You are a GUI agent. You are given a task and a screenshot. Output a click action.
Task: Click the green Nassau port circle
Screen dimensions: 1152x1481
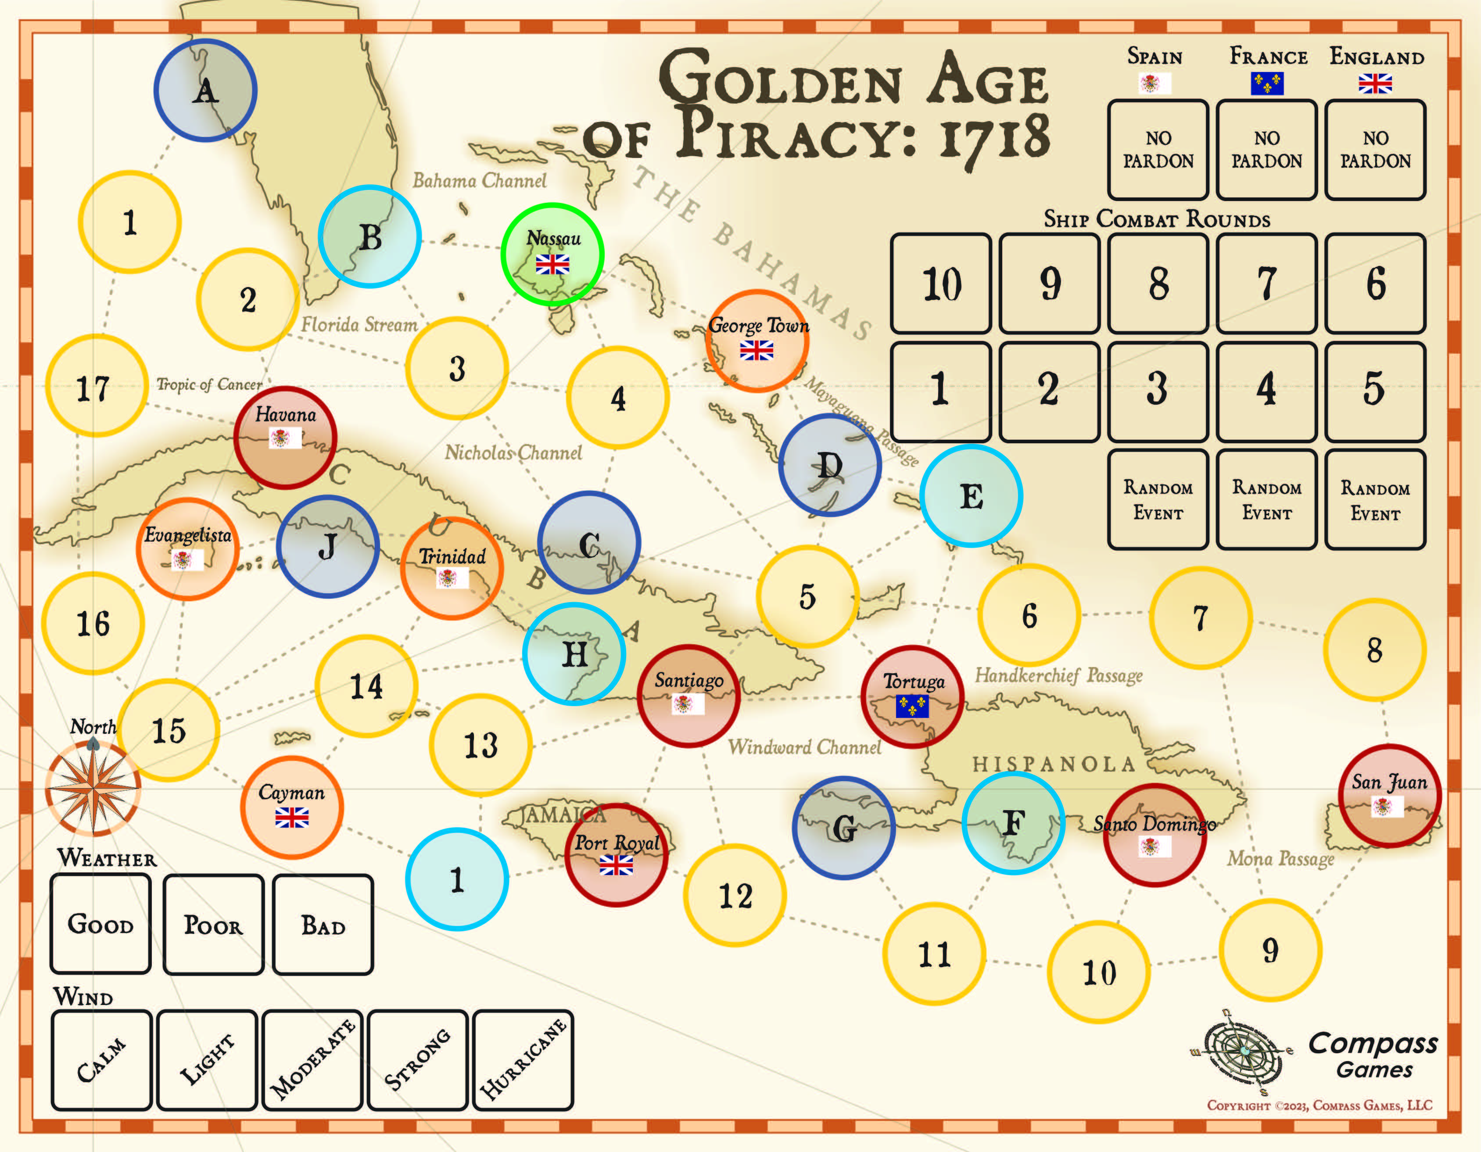tap(552, 254)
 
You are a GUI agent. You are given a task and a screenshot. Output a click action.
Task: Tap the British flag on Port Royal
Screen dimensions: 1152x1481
tap(616, 865)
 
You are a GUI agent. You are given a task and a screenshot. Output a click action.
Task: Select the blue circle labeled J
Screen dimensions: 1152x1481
tap(327, 546)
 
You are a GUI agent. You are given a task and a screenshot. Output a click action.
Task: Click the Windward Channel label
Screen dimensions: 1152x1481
tap(804, 747)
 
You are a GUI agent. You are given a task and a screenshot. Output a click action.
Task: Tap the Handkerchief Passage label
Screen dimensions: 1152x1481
tap(1058, 675)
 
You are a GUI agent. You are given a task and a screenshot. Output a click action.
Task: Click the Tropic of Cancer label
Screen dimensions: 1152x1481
tap(209, 384)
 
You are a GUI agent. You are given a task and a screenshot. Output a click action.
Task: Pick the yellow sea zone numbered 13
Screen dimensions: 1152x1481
tap(480, 744)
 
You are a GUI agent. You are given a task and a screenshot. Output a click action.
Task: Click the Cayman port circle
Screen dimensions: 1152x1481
tap(291, 807)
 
